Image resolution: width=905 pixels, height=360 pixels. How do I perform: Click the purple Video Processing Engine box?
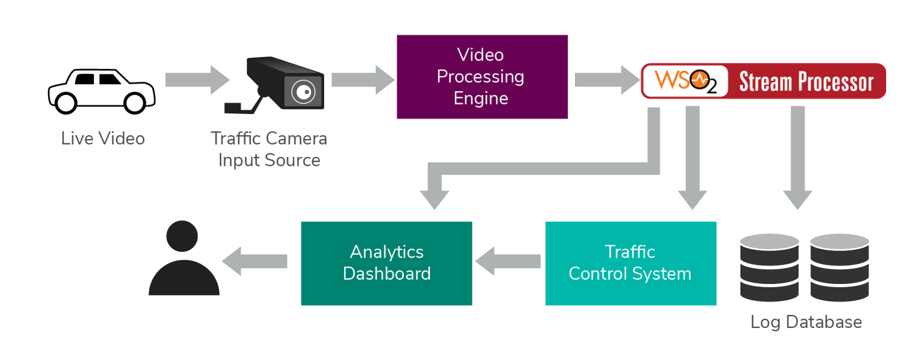[482, 77]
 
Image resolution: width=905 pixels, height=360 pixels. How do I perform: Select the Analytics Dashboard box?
[387, 263]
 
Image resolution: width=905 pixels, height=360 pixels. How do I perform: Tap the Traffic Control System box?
[631, 263]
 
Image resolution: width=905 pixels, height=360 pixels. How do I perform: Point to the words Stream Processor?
[806, 82]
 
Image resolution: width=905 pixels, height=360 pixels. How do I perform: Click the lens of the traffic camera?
[303, 92]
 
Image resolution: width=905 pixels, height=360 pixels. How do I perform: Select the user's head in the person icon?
[182, 236]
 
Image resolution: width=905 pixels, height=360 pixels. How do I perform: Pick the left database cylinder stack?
[769, 267]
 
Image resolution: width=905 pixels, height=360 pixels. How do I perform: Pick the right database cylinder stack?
[839, 267]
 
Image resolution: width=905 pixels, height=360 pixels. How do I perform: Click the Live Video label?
[103, 139]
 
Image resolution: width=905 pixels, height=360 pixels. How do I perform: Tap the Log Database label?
[806, 322]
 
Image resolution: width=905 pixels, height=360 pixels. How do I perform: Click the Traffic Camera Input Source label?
[269, 149]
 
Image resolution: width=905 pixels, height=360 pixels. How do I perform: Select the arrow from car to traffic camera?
[197, 80]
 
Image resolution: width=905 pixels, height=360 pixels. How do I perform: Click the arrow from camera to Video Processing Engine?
[363, 80]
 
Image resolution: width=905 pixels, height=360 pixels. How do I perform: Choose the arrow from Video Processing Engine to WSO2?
[607, 80]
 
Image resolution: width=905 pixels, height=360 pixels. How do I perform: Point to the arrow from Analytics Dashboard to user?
[254, 261]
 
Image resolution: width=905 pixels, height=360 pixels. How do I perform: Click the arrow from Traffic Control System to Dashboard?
[508, 261]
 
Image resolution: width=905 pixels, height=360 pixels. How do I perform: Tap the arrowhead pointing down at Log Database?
[797, 199]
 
